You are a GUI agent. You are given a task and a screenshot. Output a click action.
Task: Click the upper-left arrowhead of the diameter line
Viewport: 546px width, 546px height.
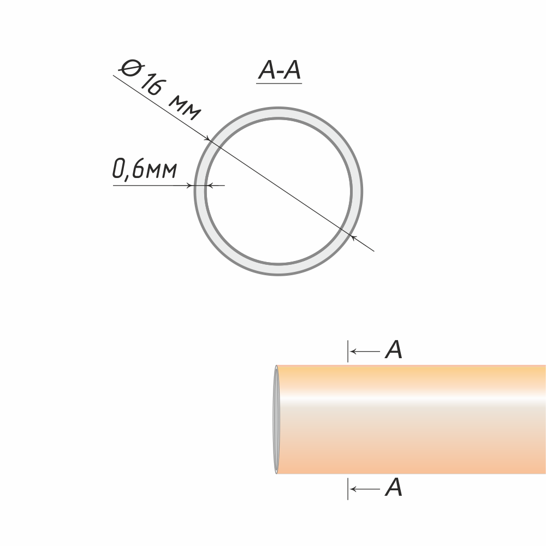[207, 138]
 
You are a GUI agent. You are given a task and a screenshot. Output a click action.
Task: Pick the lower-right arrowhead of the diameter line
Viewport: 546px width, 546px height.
[353, 238]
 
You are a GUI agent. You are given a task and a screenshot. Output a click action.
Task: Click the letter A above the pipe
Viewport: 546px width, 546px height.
[394, 349]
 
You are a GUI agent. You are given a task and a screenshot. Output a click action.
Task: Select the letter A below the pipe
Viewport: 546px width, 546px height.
[394, 487]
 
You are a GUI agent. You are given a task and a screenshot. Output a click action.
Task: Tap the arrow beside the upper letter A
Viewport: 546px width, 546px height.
[365, 351]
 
